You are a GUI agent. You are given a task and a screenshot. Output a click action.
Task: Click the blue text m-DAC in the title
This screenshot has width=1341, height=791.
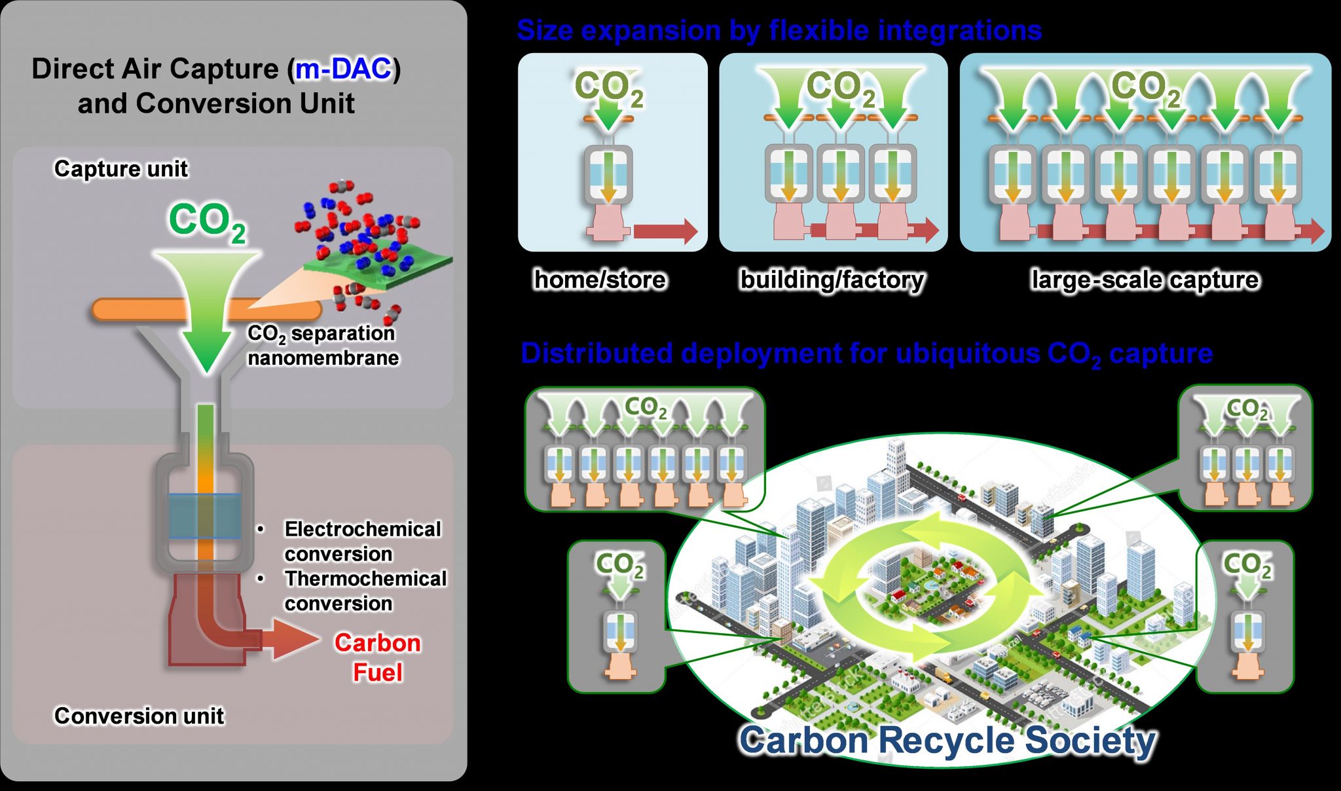pos(344,69)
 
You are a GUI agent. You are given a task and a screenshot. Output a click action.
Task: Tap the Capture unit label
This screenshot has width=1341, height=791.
pos(121,169)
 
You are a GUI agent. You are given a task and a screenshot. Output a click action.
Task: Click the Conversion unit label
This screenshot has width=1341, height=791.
pos(139,716)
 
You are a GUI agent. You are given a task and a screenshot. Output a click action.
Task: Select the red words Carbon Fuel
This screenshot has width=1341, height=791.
pos(377,657)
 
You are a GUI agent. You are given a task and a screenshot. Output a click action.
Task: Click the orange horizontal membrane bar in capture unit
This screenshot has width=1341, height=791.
pos(131,309)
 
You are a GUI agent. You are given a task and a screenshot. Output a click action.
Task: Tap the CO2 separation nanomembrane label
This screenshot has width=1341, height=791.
pos(322,346)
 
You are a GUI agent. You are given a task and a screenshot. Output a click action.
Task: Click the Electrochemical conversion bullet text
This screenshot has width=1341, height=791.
pos(362,541)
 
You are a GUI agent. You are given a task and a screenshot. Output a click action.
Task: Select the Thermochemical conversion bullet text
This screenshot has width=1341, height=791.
pos(365,591)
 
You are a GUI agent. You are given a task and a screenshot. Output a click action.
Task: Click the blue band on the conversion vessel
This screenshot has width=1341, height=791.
pos(205,516)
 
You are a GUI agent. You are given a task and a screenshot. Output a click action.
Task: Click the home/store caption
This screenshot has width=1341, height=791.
pos(600,280)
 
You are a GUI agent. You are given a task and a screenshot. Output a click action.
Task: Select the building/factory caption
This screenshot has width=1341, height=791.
pos(832,280)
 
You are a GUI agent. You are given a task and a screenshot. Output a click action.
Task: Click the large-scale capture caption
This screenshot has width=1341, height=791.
pos(1145,280)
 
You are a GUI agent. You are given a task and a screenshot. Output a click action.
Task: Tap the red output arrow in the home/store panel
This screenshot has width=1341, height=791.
pos(665,231)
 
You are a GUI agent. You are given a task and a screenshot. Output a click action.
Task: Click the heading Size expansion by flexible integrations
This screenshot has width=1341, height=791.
pos(779,30)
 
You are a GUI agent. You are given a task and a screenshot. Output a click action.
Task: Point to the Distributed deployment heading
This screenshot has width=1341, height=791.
pos(866,354)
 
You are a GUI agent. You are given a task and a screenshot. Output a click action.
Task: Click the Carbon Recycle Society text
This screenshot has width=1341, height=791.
pos(947,741)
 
